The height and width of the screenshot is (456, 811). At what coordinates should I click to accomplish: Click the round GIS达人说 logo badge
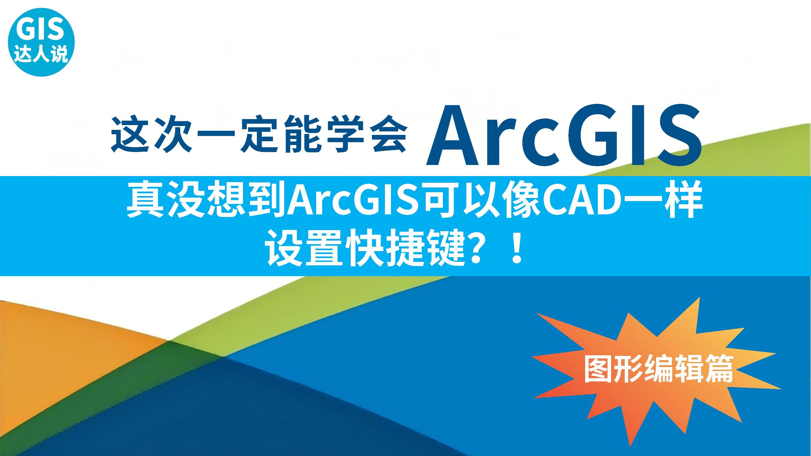(x=41, y=42)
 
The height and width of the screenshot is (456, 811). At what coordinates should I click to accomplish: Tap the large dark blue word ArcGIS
(x=564, y=135)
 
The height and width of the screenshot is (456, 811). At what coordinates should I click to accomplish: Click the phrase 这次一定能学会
(x=259, y=134)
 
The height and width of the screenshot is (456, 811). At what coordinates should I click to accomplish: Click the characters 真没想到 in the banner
(x=206, y=199)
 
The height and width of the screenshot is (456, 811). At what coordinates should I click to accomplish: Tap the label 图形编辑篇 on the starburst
(x=659, y=369)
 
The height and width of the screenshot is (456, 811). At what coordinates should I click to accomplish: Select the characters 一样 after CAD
(x=662, y=199)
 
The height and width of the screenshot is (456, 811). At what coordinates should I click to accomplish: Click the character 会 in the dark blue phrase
(x=389, y=134)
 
